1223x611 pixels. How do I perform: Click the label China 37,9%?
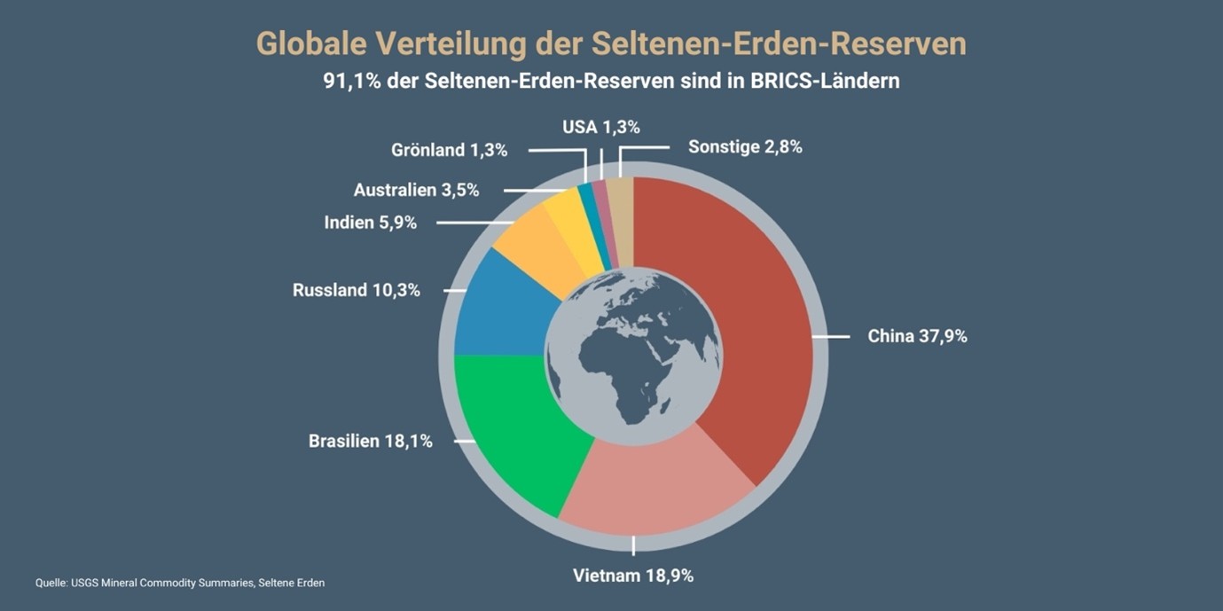(x=916, y=336)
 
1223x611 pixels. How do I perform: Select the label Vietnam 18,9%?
(x=633, y=576)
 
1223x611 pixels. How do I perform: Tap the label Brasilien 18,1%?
(x=370, y=441)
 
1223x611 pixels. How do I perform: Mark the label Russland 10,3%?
(x=356, y=290)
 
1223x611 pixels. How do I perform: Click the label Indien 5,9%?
(x=370, y=223)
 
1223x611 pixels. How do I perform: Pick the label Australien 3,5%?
(x=416, y=190)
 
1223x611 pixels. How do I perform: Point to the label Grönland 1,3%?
(x=449, y=150)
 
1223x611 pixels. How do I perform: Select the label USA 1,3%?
(x=600, y=127)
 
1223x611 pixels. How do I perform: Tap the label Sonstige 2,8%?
(x=745, y=147)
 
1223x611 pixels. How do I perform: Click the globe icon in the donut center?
(x=633, y=356)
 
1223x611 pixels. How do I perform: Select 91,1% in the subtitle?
(x=353, y=81)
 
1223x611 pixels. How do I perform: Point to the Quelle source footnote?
(x=180, y=583)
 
